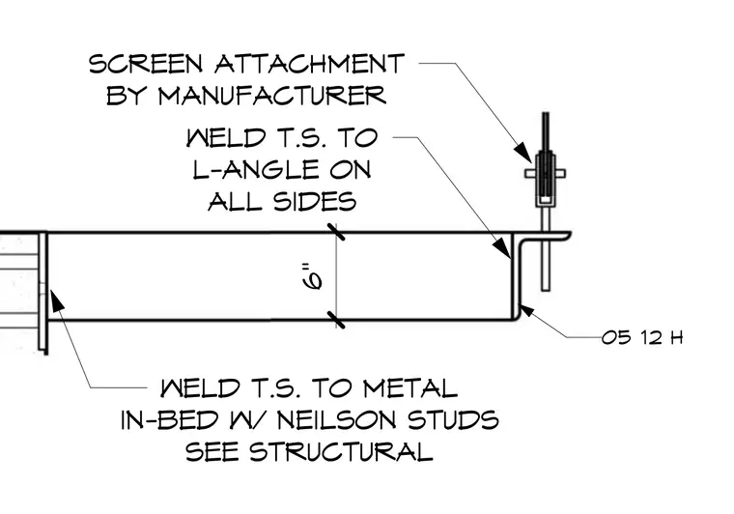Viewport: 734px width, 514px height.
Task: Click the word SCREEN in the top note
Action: click(146, 64)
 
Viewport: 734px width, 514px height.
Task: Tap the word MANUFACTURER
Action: click(272, 96)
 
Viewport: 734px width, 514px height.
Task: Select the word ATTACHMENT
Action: click(309, 64)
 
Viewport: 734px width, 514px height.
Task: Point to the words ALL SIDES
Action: click(282, 202)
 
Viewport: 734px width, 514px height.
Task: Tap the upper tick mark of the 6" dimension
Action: click(336, 232)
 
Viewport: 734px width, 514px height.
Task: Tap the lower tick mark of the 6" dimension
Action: click(336, 320)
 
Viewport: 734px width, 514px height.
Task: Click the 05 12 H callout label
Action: click(642, 337)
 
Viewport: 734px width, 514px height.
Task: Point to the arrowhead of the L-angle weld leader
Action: click(504, 247)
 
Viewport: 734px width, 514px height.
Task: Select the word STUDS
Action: click(453, 420)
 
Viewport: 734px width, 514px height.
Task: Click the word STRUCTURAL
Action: click(340, 452)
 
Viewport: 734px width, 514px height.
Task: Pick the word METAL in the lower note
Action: click(410, 388)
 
